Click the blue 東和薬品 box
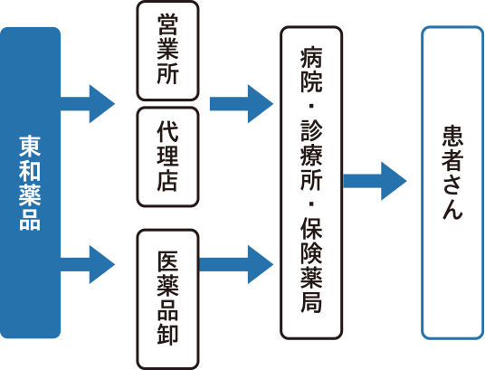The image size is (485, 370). (x=30, y=183)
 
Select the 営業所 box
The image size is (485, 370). (x=167, y=51)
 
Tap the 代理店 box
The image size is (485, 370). (x=167, y=157)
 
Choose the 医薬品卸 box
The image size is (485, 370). (x=167, y=299)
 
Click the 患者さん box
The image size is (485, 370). (x=452, y=183)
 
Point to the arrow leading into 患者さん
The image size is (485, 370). (x=375, y=181)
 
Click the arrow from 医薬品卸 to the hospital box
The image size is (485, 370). (x=236, y=264)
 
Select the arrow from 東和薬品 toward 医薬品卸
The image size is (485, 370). (x=88, y=264)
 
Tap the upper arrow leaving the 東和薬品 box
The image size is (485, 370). (x=88, y=104)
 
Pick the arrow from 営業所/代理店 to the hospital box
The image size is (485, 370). (x=242, y=104)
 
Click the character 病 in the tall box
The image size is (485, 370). (x=311, y=58)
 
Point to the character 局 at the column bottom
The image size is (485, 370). (x=311, y=301)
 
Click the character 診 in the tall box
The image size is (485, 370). (x=311, y=131)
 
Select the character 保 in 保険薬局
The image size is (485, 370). (x=311, y=228)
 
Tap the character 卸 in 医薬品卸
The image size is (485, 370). (x=167, y=335)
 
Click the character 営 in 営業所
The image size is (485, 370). (x=167, y=24)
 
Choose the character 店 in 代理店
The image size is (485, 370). (x=167, y=181)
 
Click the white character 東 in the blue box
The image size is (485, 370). (x=30, y=147)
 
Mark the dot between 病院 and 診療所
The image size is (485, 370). (x=311, y=106)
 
